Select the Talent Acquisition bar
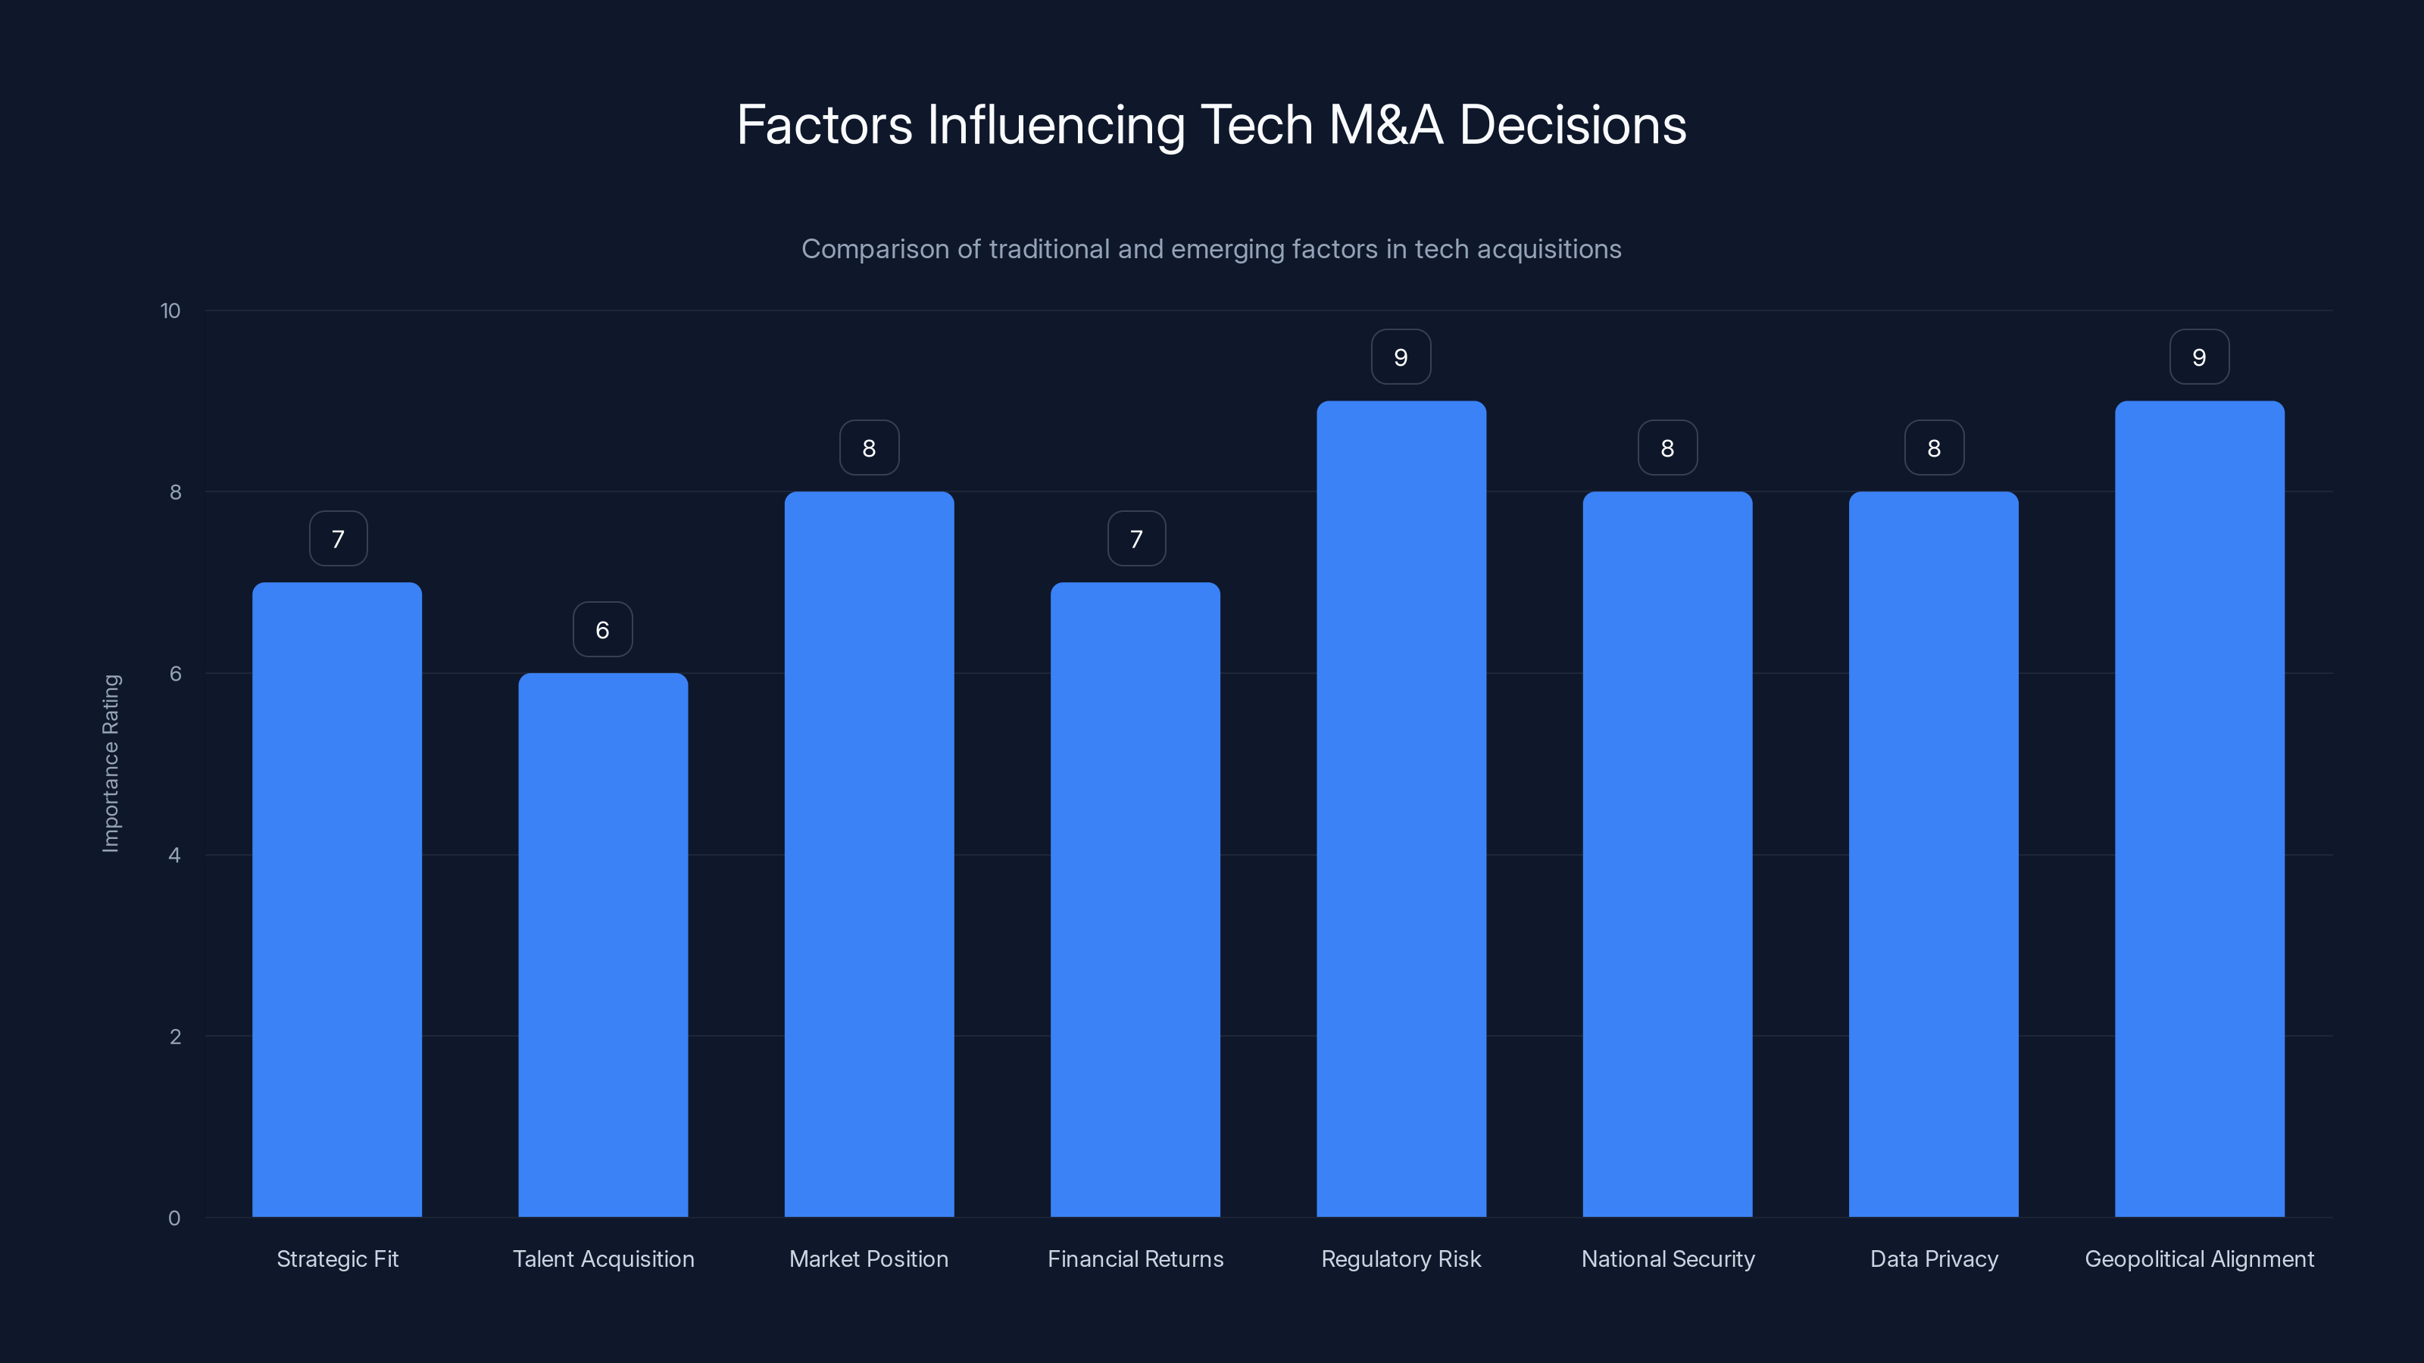coord(602,944)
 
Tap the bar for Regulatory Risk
coord(1401,808)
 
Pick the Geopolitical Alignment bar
coord(2199,808)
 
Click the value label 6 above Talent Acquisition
coord(602,629)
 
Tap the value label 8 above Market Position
coord(869,448)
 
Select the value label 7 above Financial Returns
coord(1135,539)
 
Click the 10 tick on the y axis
coord(170,310)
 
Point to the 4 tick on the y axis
coord(174,855)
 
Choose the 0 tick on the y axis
coord(174,1218)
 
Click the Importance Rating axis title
coord(111,763)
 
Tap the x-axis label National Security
coord(1667,1259)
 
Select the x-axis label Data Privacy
coord(1934,1259)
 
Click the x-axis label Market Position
coord(869,1259)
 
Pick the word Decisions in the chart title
coord(1573,125)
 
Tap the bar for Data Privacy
coord(1934,853)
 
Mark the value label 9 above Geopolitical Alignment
coord(2199,357)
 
